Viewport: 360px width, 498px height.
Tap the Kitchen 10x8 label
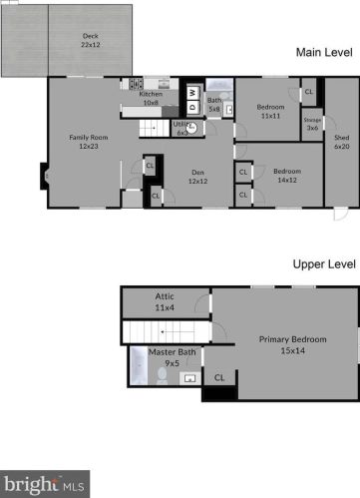[151, 99]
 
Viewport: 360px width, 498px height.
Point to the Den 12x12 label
[199, 176]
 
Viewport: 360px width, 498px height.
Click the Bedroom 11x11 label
[271, 111]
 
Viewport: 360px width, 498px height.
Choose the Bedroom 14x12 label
[287, 175]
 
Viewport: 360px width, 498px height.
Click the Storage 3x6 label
[312, 123]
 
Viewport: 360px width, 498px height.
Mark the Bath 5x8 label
[214, 103]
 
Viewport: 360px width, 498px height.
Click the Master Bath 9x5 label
[164, 357]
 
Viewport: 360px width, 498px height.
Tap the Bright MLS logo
[44, 484]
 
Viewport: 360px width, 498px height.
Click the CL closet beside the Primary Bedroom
[218, 378]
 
